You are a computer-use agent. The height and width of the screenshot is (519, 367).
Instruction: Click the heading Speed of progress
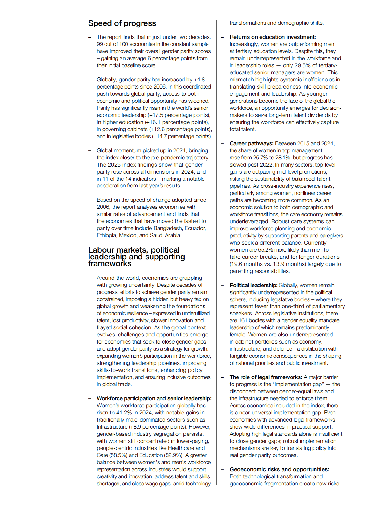122,23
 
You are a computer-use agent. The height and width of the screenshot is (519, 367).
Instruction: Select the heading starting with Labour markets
136,257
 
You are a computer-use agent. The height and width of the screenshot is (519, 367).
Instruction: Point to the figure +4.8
199,80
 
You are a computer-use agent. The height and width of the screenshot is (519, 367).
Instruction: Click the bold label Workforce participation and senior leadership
154,398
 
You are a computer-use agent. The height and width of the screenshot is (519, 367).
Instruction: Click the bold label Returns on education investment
273,37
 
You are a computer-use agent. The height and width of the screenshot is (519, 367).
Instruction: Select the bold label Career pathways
251,143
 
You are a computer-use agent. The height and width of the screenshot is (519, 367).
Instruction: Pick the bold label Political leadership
253,285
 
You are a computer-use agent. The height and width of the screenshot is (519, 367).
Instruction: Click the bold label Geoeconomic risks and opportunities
279,469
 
